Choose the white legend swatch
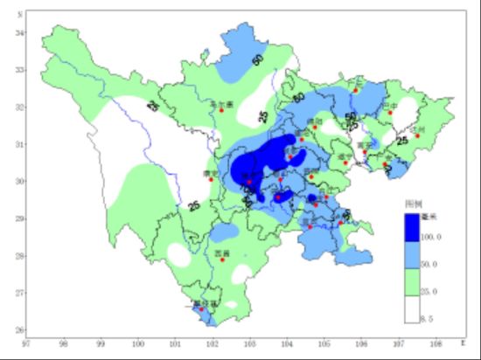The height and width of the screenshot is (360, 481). point(412,308)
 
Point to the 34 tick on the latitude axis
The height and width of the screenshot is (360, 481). point(21,32)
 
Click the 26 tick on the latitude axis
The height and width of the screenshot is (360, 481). point(21,329)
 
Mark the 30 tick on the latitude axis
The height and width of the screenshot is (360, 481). point(21,181)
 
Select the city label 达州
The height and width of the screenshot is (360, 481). point(419,129)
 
